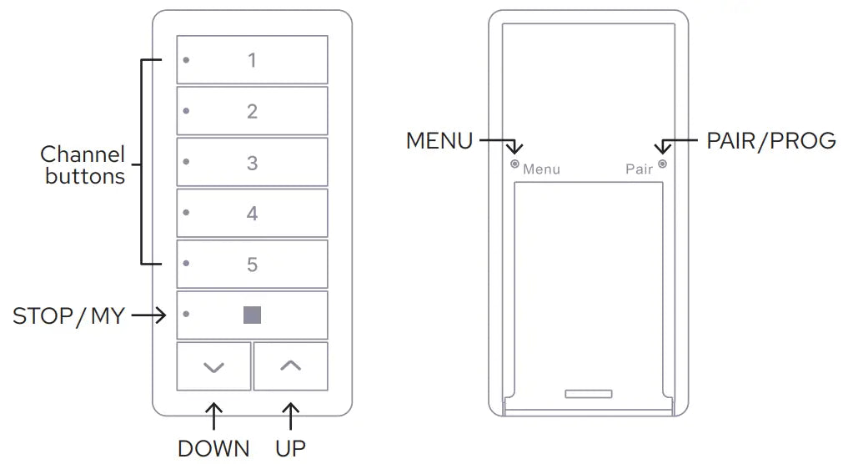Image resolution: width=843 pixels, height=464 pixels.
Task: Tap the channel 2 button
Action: (252, 111)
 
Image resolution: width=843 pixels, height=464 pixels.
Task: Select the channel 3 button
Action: (252, 162)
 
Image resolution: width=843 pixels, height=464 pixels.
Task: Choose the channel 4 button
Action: (252, 213)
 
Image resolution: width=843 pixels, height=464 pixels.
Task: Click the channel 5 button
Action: (252, 265)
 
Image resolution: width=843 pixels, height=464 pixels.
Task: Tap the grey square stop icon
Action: (252, 315)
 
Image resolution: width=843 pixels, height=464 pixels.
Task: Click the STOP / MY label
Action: (68, 316)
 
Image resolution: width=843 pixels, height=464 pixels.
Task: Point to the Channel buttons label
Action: (83, 164)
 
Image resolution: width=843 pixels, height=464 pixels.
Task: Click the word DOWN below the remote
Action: (213, 448)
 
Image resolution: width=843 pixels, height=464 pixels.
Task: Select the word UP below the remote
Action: (290, 448)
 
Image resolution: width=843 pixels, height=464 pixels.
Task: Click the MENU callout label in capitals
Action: (439, 141)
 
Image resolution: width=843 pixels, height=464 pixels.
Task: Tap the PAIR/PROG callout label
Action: (771, 141)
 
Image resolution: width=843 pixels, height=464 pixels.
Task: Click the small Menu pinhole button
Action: (514, 164)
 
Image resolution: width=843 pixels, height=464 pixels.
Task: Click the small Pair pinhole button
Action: (662, 164)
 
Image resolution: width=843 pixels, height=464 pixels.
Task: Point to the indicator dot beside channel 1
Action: (186, 60)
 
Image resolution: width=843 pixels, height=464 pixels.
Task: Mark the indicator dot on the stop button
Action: (186, 314)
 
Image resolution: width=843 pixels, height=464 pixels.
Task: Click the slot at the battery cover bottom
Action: (588, 394)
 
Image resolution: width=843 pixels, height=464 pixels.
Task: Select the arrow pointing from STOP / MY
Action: (149, 315)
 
